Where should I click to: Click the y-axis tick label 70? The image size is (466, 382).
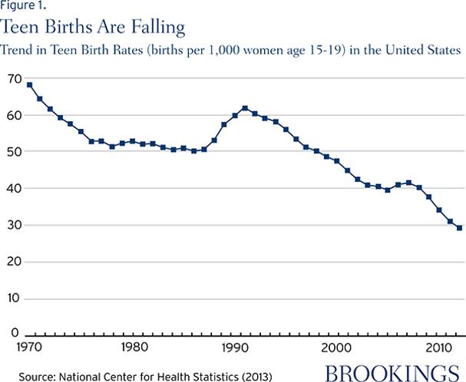pos(14,79)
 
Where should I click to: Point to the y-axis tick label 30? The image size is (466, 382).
pos(14,226)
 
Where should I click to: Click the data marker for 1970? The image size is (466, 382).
pos(29,84)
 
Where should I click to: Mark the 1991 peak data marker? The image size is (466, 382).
pos(244,108)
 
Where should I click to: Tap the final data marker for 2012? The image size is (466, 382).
pos(459,228)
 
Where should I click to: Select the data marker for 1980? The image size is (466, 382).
pos(132,141)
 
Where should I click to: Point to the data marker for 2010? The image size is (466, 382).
pos(438,209)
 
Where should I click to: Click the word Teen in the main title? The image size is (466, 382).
pos(23,28)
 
